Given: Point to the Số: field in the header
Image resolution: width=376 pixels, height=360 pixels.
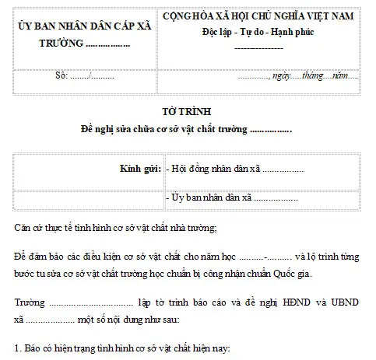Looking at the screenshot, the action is click(65, 78).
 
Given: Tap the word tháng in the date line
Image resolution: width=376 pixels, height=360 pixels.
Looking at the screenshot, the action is click(312, 78).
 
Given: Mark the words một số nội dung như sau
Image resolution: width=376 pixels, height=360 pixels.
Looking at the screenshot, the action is click(128, 318).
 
